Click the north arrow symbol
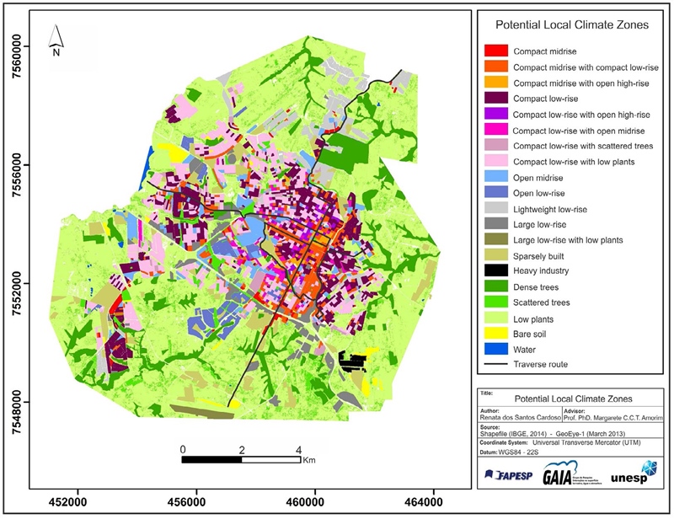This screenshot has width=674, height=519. tap(56, 38)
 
